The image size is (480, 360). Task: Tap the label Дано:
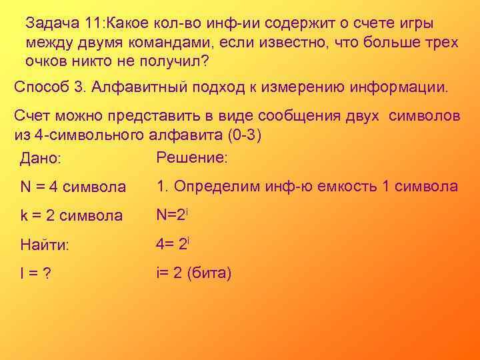(x=41, y=160)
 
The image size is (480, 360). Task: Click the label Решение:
(x=192, y=158)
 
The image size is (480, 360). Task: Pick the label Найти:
(x=45, y=245)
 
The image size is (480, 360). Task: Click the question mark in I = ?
(x=48, y=274)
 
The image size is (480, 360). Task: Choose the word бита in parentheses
(x=210, y=273)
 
